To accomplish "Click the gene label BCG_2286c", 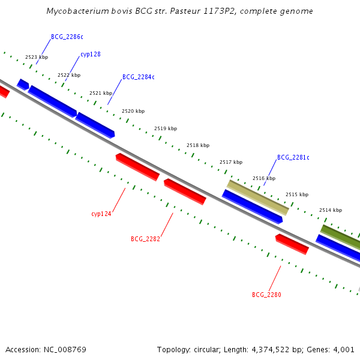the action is click(67, 37).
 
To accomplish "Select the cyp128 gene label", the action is click(90, 54).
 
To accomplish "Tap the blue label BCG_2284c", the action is click(138, 77).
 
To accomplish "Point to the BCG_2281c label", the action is click(293, 157).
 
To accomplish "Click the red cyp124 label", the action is click(101, 214).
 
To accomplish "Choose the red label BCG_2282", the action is click(145, 239).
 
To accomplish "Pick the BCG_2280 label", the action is click(266, 295).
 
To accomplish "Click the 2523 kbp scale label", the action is click(37, 58).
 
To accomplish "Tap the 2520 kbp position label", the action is click(133, 111).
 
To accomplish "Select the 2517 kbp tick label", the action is click(231, 162).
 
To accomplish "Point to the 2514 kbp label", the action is click(331, 210).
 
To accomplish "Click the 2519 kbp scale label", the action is click(166, 128).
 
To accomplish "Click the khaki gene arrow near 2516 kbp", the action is click(258, 197).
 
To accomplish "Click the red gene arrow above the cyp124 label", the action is click(137, 167).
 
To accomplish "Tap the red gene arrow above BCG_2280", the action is click(292, 244).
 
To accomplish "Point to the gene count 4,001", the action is click(343, 349).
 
